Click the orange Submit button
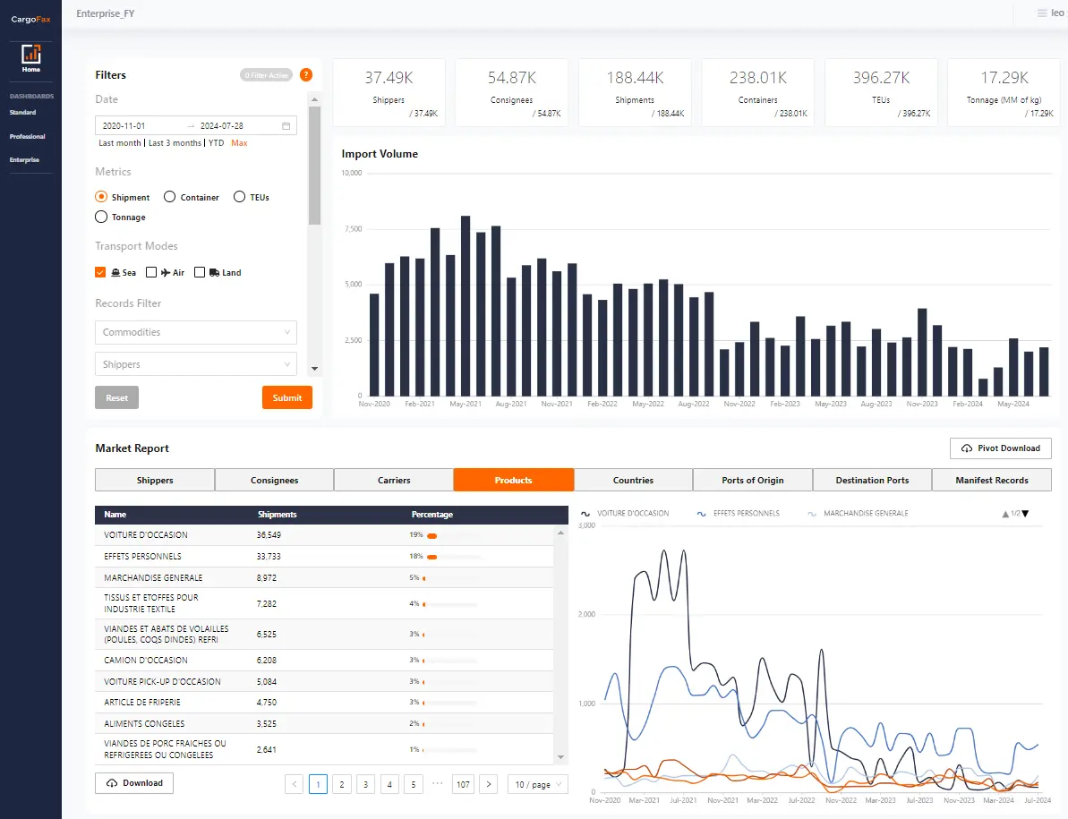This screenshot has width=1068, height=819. pos(286,397)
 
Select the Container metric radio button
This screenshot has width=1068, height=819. pos(170,197)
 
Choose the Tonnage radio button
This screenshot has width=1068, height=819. pos(101,217)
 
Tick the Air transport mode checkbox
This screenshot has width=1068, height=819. pos(151,272)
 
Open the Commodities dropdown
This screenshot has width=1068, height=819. pos(195,332)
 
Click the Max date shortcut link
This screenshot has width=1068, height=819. pos(239,143)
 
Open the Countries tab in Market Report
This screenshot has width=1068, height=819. pos(633,480)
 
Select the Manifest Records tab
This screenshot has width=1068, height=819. pos(991,480)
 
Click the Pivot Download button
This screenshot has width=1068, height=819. pos(1000,448)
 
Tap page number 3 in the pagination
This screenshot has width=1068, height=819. pos(365,784)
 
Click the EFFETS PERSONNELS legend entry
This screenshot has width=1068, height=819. pos(739,514)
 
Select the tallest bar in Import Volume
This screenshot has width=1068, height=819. pos(466,305)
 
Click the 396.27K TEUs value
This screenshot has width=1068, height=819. pos(882,78)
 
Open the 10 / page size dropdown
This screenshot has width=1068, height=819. pos(537,784)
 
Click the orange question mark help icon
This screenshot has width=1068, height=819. pos(306,75)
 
